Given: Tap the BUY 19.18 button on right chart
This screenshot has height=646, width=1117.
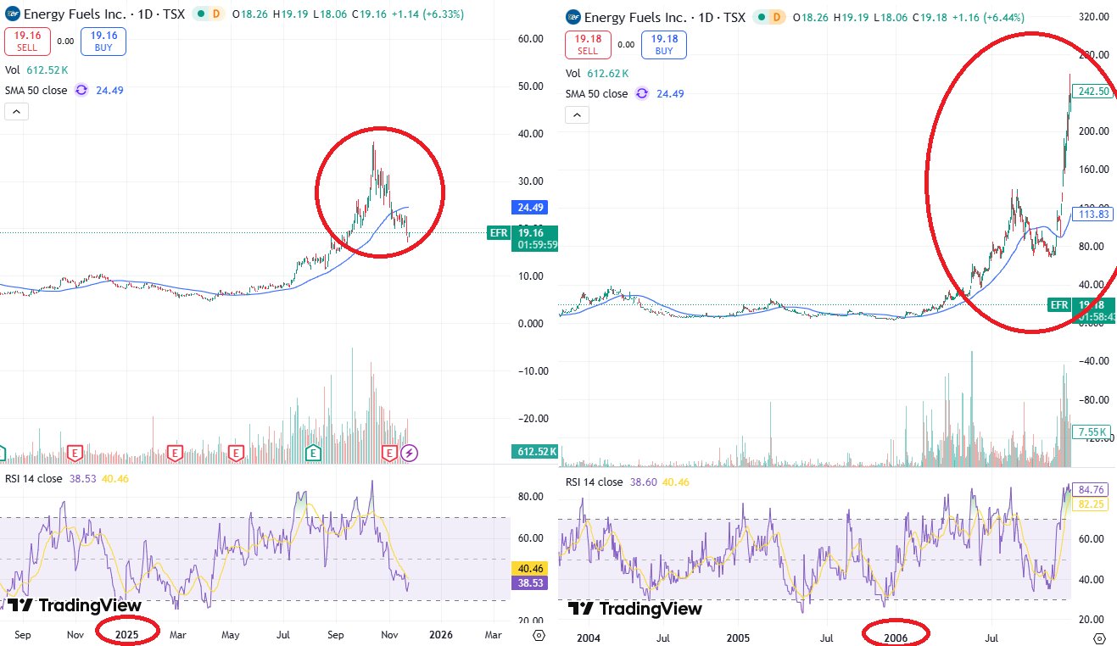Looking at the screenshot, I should tap(664, 44).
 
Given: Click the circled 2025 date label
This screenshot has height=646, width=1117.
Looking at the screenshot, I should tap(127, 633).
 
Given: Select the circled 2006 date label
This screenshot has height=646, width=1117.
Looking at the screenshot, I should tap(896, 633).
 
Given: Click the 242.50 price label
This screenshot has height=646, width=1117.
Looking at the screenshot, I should tap(1092, 92).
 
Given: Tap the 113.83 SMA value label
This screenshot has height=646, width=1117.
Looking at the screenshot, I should tap(1092, 214).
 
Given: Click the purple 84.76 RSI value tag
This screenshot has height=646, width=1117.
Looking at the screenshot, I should tap(1092, 488).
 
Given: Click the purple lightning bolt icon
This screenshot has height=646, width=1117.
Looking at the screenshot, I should tap(410, 453).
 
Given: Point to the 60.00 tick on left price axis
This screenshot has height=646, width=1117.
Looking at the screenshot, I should tap(531, 39).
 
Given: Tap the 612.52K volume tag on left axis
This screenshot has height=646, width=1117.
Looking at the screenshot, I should tap(534, 452).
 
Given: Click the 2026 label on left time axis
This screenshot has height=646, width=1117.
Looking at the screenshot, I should tap(440, 633).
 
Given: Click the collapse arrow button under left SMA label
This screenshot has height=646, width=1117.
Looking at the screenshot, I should tap(17, 112).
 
